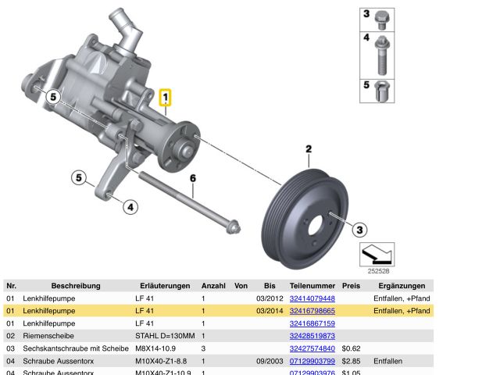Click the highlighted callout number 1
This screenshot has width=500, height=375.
pyautogui.click(x=166, y=98)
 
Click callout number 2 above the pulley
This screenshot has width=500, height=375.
pyautogui.click(x=309, y=148)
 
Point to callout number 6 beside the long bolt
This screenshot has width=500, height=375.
pyautogui.click(x=193, y=179)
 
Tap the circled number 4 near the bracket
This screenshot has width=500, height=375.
pyautogui.click(x=130, y=207)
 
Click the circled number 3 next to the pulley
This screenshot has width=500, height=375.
pyautogui.click(x=359, y=229)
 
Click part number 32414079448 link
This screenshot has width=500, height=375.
pyautogui.click(x=312, y=298)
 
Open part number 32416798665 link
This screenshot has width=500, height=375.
pyautogui.click(x=312, y=311)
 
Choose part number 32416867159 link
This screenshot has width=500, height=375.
pyautogui.click(x=312, y=323)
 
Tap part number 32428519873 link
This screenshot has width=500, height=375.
pyautogui.click(x=312, y=336)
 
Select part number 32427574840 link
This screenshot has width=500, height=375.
pyautogui.click(x=312, y=348)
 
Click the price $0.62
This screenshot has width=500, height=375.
pyautogui.click(x=351, y=348)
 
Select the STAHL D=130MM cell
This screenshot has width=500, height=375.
pyautogui.click(x=162, y=336)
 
